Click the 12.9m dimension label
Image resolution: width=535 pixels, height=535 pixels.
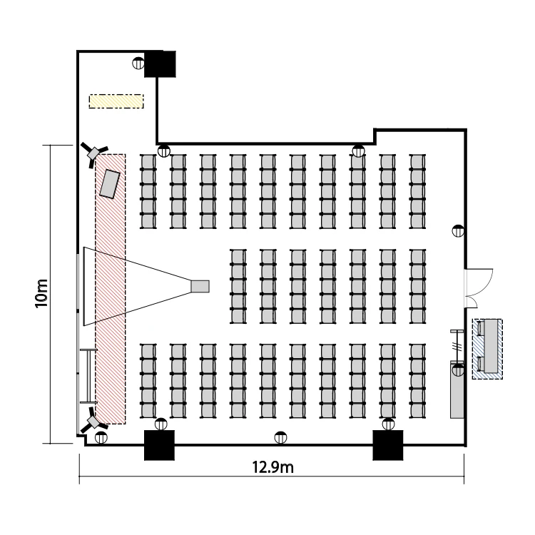(274, 468)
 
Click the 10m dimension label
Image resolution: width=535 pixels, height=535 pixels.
(44, 293)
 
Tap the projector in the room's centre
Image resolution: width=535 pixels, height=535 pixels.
(200, 285)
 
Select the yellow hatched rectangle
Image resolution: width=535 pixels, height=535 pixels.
(116, 101)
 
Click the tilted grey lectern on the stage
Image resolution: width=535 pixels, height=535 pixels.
(110, 183)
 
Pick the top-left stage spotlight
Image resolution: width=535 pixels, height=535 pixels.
(93, 153)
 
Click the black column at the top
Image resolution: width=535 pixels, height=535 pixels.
(160, 64)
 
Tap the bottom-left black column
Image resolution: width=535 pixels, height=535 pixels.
(160, 445)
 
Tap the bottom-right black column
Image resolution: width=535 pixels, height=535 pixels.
(389, 445)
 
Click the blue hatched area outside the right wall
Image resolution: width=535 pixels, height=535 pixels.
(487, 348)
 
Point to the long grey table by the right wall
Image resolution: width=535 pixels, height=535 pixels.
(455, 389)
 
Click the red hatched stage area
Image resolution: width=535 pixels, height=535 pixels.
(111, 321)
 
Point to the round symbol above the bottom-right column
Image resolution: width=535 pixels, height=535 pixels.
(388, 424)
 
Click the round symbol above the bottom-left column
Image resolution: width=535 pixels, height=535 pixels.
(160, 424)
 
